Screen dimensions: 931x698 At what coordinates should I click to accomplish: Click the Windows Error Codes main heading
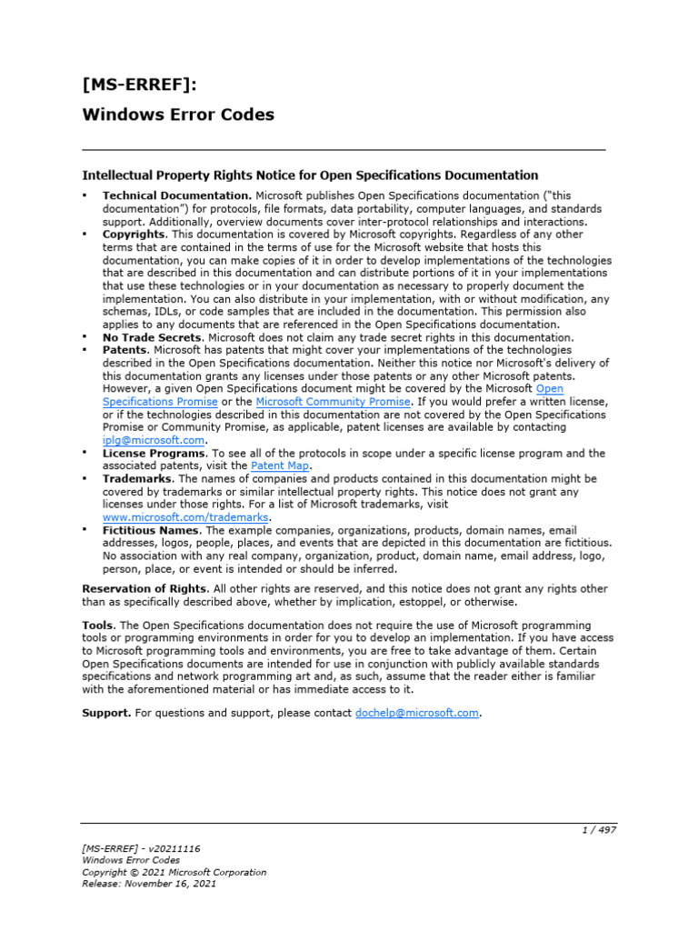(x=178, y=115)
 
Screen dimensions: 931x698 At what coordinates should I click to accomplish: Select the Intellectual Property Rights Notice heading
(x=310, y=175)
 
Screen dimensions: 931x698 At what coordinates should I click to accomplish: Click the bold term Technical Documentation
(x=176, y=195)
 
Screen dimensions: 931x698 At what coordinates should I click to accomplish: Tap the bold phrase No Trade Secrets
(x=152, y=337)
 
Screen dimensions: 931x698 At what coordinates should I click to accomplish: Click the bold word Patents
(x=125, y=350)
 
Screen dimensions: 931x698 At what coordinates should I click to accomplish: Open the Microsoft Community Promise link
(x=334, y=401)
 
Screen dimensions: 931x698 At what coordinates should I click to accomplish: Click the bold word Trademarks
(x=138, y=478)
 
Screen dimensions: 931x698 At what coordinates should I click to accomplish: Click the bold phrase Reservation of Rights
(x=145, y=588)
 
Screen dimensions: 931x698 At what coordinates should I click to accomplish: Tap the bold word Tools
(x=98, y=626)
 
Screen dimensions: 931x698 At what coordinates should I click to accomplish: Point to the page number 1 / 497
(x=600, y=830)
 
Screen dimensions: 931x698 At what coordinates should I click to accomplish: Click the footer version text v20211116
(x=171, y=848)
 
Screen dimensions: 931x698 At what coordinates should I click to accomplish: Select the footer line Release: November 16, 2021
(x=149, y=883)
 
